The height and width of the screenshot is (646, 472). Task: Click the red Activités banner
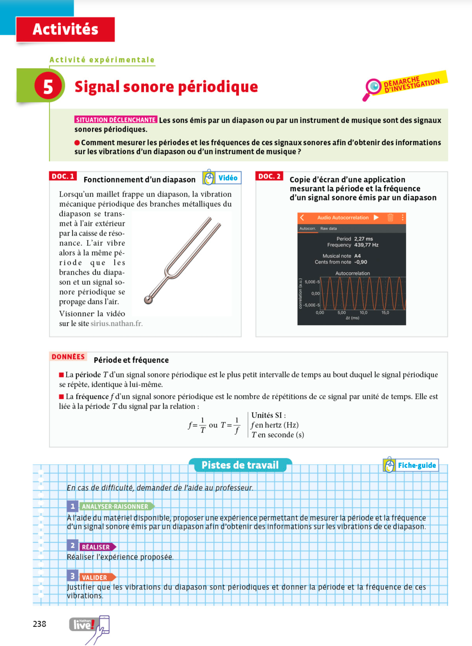[x=65, y=29]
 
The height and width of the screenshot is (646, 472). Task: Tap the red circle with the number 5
[x=48, y=86]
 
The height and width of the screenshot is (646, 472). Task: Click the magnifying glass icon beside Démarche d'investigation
[x=373, y=87]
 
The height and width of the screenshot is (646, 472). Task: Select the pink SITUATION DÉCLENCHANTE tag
[x=116, y=120]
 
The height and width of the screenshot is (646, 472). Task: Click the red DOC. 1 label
[x=63, y=176]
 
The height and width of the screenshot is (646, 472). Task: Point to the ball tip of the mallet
[x=148, y=300]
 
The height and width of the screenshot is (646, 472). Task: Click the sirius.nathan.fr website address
[x=117, y=323]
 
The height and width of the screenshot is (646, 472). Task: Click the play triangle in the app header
[x=376, y=217]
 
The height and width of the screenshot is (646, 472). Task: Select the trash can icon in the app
[x=391, y=217]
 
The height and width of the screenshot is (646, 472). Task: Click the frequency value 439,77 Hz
[x=366, y=245]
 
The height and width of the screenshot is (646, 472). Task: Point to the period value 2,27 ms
[x=363, y=239]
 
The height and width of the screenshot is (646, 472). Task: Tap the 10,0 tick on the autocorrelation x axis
[x=363, y=313]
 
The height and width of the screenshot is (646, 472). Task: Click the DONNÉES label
[x=68, y=357]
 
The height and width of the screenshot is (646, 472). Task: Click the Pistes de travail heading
[x=240, y=465]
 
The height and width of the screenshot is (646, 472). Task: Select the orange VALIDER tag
[x=95, y=577]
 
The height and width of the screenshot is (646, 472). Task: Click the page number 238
[x=39, y=624]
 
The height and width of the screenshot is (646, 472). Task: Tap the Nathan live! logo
[x=84, y=624]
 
